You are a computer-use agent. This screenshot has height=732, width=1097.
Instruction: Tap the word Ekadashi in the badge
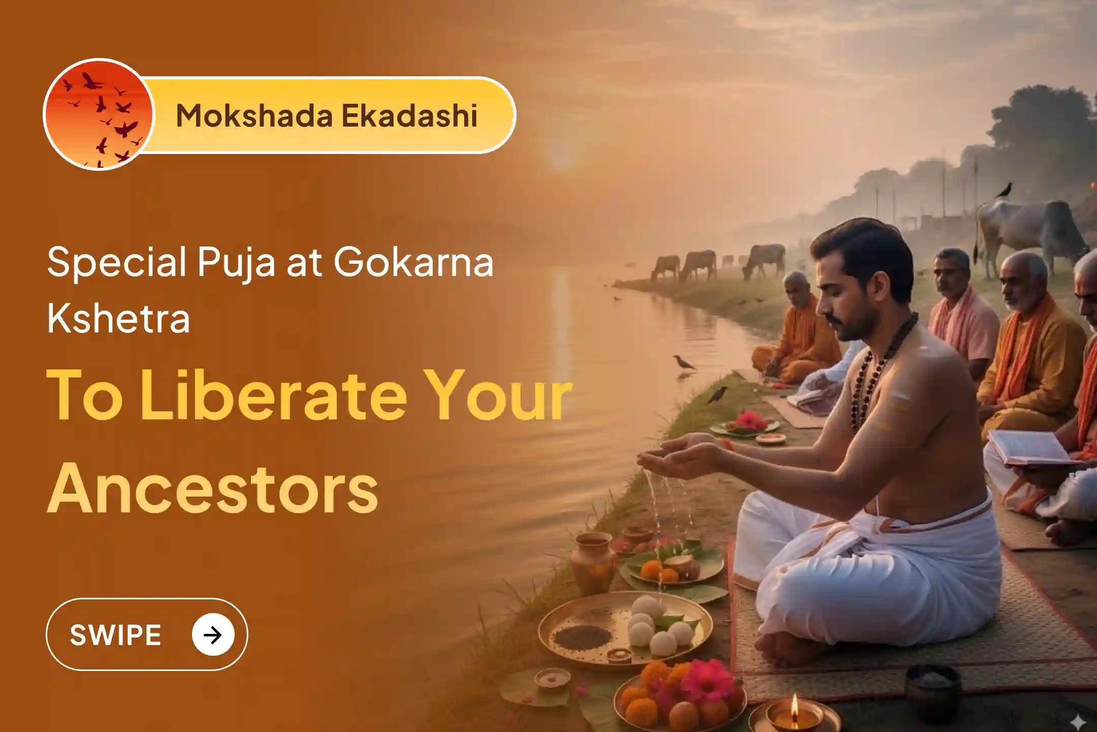click(x=409, y=115)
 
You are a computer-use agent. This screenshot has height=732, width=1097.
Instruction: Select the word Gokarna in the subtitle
click(x=413, y=263)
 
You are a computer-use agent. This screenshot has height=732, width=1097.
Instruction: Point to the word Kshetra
click(x=118, y=318)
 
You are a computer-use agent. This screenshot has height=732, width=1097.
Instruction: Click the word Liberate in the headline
click(x=273, y=395)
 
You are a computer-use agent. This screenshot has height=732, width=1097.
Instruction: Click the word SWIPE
click(x=115, y=635)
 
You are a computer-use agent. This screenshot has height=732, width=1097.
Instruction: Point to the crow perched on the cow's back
click(x=1004, y=191)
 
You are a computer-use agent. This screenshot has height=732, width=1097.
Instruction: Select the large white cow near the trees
click(x=1031, y=229)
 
